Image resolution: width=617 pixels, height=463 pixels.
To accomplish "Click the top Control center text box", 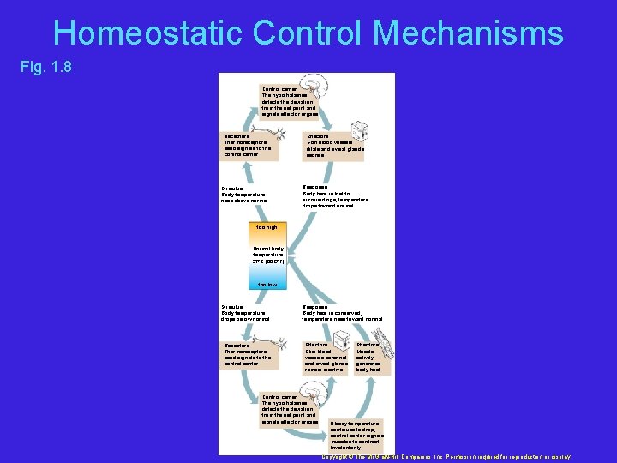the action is tap(289, 101).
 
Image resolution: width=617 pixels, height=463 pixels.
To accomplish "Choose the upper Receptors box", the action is tap(249, 145).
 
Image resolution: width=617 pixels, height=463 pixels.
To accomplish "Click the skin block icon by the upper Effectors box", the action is tap(361, 131).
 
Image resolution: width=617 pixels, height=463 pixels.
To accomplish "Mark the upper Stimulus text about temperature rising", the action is tap(244, 194).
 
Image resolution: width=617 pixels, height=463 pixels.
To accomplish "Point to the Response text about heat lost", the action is tap(335, 196).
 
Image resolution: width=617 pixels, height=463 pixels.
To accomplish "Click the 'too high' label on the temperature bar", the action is tap(267, 227).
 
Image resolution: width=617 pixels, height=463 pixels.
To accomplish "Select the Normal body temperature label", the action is tap(268, 255).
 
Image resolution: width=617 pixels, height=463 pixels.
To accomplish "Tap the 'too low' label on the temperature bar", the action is tap(267, 284).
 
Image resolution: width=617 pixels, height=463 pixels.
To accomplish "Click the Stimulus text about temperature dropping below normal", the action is tap(245, 312).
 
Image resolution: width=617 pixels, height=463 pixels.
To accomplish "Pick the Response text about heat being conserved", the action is tap(342, 312).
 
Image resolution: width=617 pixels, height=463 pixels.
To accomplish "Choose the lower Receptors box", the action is tap(249, 354).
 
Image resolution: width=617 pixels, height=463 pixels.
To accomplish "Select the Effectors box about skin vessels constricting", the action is tap(326, 356).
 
